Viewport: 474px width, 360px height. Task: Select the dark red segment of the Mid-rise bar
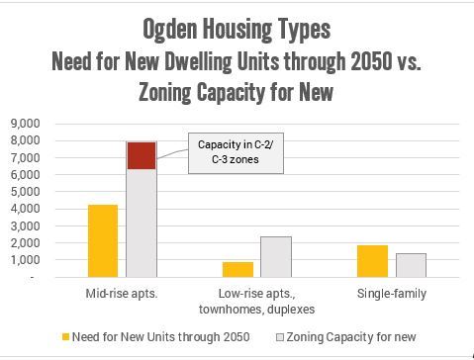tap(141, 155)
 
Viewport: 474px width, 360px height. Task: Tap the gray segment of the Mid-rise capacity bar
tap(141, 223)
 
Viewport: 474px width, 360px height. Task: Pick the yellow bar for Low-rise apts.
tap(237, 269)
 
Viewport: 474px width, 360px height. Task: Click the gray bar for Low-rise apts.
tap(276, 256)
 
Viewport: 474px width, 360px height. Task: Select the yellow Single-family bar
tap(372, 260)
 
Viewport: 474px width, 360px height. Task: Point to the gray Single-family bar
tap(410, 265)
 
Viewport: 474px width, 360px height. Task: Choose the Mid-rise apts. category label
tap(122, 295)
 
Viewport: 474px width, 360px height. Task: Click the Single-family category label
tap(391, 295)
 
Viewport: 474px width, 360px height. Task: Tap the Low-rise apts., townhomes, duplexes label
tap(256, 302)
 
